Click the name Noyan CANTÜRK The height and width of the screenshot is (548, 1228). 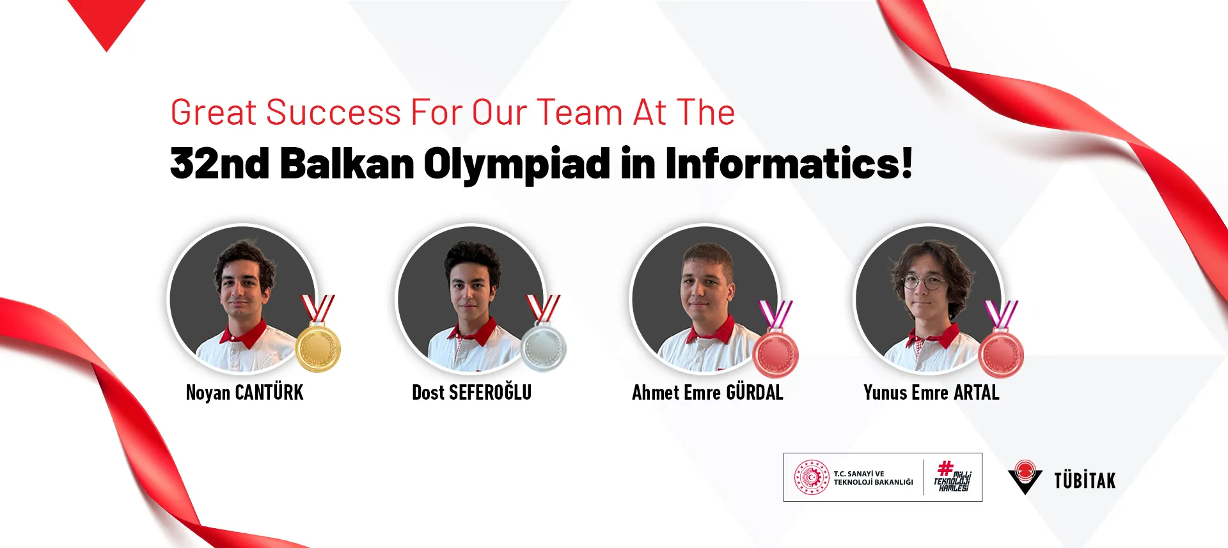point(244,392)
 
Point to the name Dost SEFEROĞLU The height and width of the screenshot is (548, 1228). point(471,392)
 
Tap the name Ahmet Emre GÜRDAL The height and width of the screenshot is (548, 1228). point(707,392)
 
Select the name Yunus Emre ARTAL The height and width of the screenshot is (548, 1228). point(931,392)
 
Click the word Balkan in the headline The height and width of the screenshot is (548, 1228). point(347,163)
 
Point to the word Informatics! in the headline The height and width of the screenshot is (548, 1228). point(789,163)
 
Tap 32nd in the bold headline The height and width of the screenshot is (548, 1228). point(219,163)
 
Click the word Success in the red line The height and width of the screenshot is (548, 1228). point(334,112)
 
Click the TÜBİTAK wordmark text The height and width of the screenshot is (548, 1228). point(1085,480)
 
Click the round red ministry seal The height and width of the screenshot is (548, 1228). point(812,478)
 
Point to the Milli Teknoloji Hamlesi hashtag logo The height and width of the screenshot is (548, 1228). point(953,477)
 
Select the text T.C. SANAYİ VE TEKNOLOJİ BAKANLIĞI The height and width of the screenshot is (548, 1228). point(873,478)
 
